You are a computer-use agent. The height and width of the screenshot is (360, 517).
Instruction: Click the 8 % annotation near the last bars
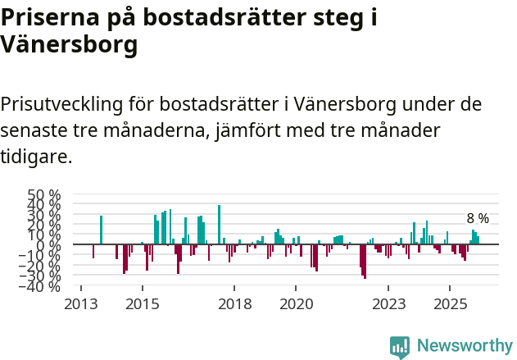coord(478,219)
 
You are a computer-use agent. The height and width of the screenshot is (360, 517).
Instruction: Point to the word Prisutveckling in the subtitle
coord(62,105)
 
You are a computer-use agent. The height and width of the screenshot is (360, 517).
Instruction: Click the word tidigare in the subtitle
coord(37,156)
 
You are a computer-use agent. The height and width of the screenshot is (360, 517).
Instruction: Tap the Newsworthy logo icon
coord(400,347)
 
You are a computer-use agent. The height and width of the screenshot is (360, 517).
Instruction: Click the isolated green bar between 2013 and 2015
coord(101,230)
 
